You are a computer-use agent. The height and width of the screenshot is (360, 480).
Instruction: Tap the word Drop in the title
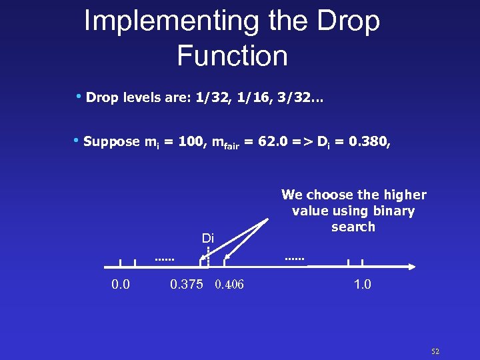click(350, 21)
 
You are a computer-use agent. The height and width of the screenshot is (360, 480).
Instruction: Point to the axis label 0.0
click(120, 285)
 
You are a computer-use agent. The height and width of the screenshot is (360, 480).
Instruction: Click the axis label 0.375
click(187, 285)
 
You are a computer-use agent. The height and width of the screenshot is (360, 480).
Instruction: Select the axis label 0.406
click(229, 285)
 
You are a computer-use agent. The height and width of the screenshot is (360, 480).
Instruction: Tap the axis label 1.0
click(363, 285)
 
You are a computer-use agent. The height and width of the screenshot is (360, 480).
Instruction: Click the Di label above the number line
click(208, 239)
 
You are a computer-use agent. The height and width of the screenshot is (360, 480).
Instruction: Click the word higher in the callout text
click(403, 195)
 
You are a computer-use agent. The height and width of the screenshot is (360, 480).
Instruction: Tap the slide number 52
click(435, 351)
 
